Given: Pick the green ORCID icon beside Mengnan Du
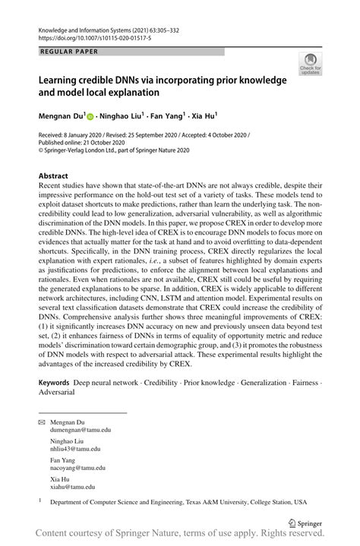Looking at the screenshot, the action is [90, 117].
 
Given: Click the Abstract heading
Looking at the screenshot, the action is [57, 175].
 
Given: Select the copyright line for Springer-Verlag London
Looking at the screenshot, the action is [114, 150].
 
